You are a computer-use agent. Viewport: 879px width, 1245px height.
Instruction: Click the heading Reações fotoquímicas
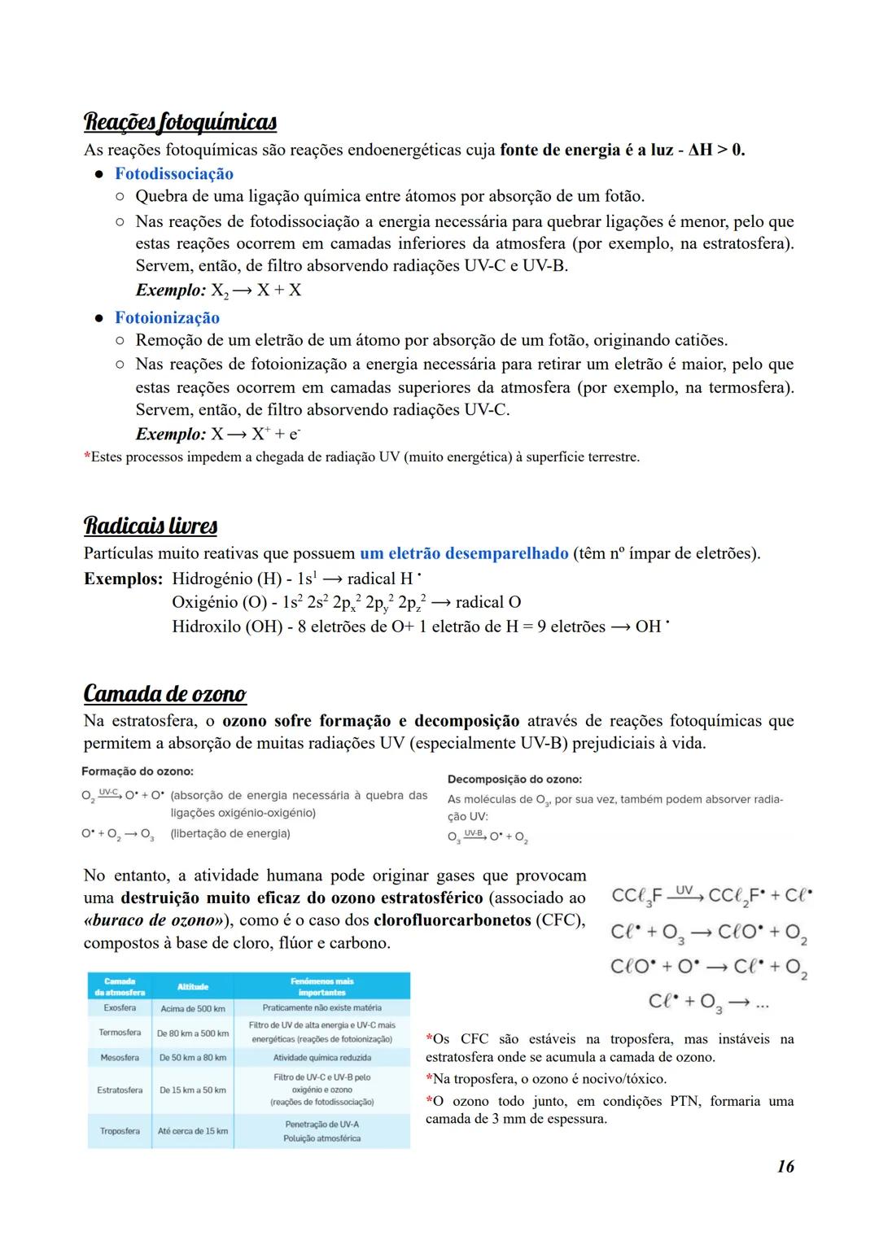(180, 122)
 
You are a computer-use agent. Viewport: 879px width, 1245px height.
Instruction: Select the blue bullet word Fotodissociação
(173, 173)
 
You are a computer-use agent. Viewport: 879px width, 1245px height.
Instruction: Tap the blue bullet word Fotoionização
(167, 317)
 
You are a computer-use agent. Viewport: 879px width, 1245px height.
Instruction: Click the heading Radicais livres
(150, 526)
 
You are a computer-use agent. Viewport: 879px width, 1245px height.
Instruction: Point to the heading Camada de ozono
(164, 693)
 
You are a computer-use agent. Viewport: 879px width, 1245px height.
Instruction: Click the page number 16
(785, 1166)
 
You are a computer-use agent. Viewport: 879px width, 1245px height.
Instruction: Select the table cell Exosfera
(120, 1008)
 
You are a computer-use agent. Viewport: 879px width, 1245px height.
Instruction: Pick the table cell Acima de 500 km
(193, 1008)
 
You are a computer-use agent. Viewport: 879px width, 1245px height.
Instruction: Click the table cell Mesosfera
(120, 1058)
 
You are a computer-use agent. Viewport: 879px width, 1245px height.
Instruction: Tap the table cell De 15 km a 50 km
(193, 1090)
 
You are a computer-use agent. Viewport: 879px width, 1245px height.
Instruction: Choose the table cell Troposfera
(120, 1131)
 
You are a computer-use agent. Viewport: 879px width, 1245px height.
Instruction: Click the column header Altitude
(193, 986)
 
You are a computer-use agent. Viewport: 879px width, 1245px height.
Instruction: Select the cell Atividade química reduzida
(321, 1058)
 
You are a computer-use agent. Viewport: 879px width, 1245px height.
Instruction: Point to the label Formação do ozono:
(138, 771)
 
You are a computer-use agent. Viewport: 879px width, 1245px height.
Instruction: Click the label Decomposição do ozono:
(514, 780)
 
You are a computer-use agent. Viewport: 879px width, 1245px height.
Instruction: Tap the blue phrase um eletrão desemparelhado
(464, 553)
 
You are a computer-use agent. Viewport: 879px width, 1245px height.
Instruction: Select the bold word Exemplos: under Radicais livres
(123, 579)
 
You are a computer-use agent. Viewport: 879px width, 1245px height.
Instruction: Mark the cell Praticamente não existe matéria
(321, 1007)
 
